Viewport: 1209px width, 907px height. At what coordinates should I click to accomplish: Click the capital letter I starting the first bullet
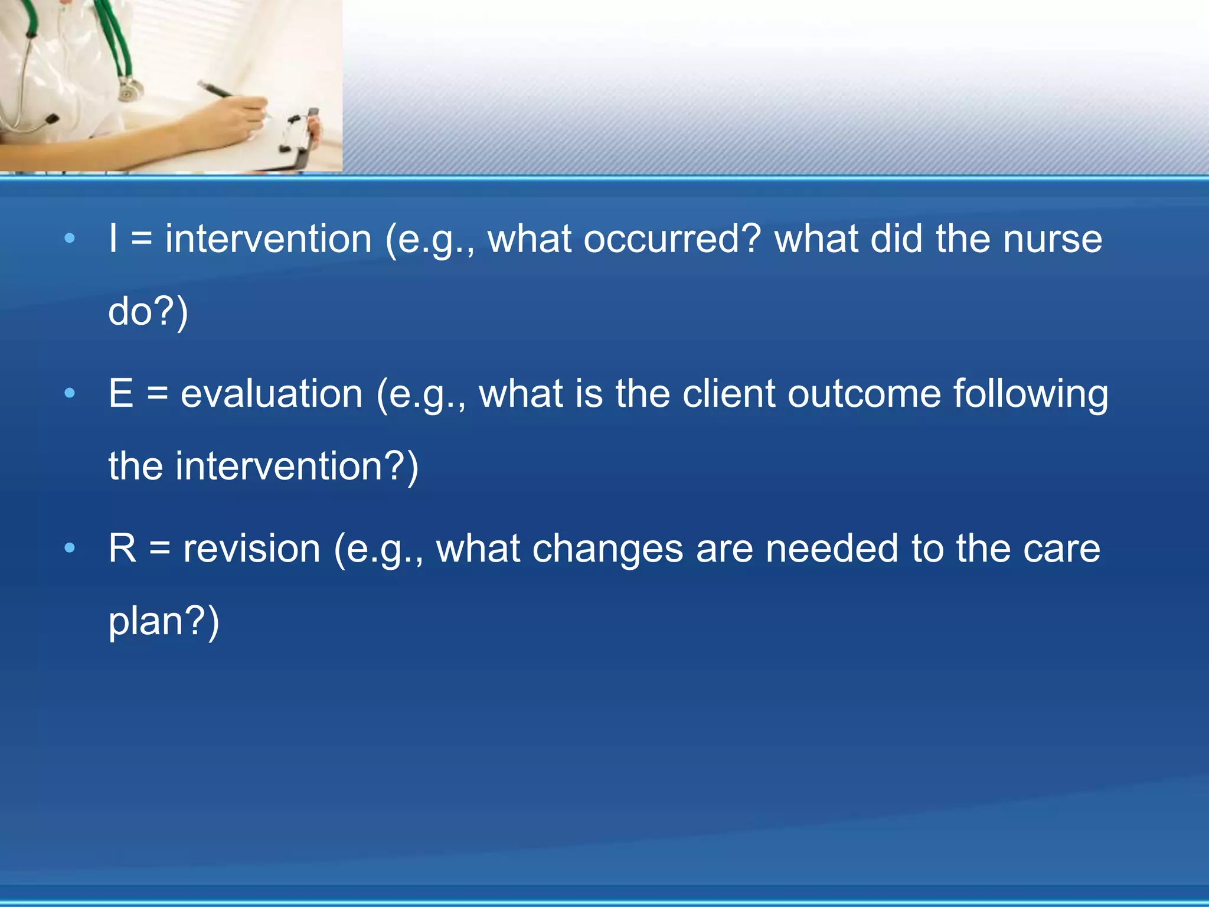coord(113,239)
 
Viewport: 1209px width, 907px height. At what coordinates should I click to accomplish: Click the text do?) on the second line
coord(148,311)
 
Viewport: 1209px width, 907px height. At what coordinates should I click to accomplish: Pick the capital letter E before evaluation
coord(121,393)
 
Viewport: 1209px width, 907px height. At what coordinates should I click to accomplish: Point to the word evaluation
coord(272,394)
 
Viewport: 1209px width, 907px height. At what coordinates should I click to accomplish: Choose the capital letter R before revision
coord(123,548)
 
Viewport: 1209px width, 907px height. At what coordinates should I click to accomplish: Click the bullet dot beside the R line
coord(70,548)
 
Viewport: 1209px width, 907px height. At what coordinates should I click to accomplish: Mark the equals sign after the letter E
coord(158,394)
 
